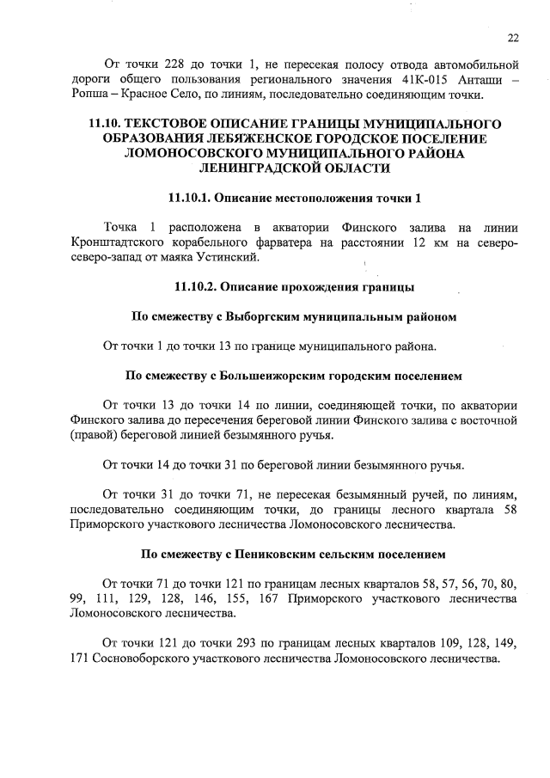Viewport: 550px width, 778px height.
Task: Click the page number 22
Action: click(513, 38)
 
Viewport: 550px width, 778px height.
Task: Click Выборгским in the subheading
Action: click(266, 316)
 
